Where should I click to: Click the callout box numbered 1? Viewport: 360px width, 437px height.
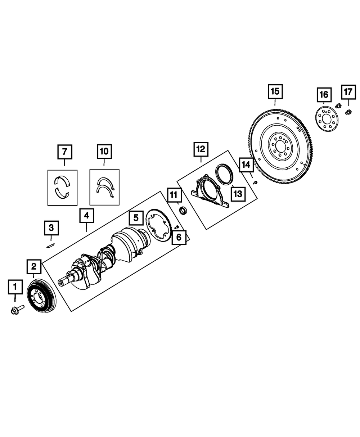coord(15,287)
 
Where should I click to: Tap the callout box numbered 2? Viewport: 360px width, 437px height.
coord(34,267)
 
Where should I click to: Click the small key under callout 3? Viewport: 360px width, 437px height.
coord(50,245)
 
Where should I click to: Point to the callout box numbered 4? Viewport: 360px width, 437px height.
coord(87,216)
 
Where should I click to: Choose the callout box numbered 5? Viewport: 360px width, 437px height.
coord(136,218)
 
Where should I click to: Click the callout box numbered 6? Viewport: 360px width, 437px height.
coord(179,237)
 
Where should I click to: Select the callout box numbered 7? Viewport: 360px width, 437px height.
coord(65,152)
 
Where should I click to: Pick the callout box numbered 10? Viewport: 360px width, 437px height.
coord(104,151)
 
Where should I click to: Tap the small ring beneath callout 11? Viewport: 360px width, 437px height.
coord(183,211)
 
